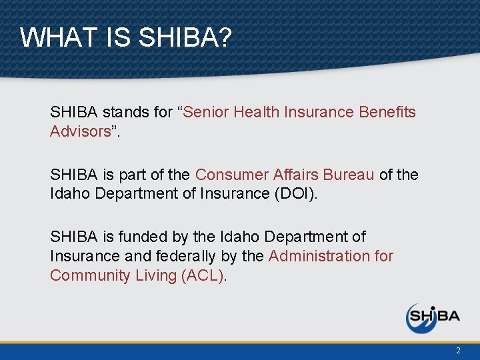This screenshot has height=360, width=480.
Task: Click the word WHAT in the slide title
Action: click(59, 38)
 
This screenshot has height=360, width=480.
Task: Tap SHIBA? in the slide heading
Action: click(185, 38)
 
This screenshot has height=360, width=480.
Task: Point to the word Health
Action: click(257, 112)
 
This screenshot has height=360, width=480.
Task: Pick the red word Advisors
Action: click(79, 131)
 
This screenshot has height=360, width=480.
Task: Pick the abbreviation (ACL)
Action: click(203, 275)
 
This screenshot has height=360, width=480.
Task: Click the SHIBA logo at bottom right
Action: click(433, 317)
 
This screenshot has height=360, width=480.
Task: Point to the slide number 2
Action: click(458, 351)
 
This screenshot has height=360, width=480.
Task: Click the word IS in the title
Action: click(118, 38)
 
